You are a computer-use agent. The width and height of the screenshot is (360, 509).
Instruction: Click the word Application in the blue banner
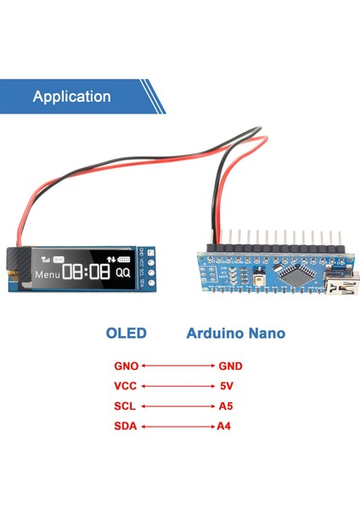pos(71,97)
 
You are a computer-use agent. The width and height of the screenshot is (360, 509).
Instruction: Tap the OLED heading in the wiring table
pos(126,333)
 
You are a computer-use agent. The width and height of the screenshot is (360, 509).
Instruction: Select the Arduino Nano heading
pos(235,333)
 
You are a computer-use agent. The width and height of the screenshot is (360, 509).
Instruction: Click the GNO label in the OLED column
pos(126,366)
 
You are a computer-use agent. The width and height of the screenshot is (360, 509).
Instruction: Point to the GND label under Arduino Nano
pos(230,366)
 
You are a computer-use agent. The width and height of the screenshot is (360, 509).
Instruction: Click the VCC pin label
pos(125,386)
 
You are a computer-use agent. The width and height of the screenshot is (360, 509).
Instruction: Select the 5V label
pos(226,386)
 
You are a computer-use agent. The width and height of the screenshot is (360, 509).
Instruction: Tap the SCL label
pos(125,406)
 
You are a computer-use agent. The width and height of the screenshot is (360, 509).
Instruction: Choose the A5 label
pos(225,406)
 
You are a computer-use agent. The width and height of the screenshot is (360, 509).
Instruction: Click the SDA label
pos(125,426)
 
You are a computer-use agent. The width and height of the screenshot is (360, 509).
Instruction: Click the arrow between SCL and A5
pos(177,406)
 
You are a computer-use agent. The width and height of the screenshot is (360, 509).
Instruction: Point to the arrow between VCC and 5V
pos(177,386)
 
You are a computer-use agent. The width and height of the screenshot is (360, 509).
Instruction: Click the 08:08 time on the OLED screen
pos(86,272)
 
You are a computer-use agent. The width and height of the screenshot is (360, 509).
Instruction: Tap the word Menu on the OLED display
pos(48,274)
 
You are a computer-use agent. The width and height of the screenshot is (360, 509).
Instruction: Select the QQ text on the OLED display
pos(124,273)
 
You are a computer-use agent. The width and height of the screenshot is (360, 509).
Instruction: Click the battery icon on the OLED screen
pos(125,259)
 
